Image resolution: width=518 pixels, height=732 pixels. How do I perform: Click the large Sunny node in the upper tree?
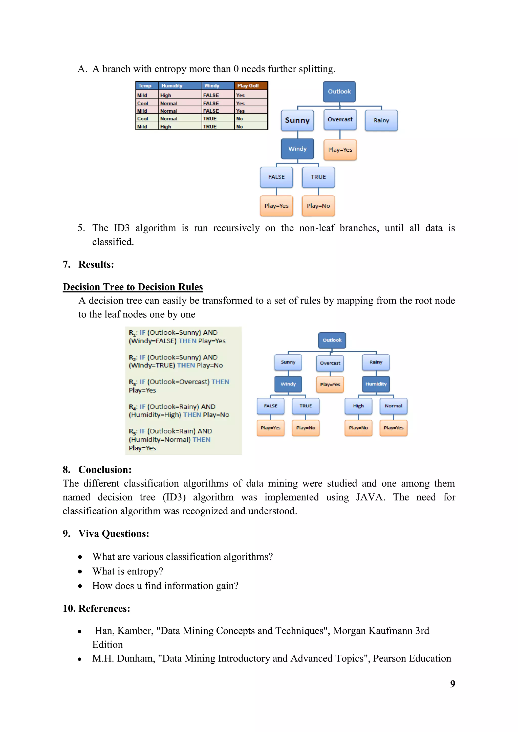click(x=297, y=120)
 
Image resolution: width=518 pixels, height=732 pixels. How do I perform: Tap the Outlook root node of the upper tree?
click(x=339, y=91)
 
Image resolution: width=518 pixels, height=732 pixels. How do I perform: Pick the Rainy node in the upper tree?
click(x=381, y=120)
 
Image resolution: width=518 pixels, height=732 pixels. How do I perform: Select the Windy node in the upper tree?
click(x=297, y=149)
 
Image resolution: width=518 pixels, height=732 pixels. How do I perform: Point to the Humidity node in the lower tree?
click(x=376, y=384)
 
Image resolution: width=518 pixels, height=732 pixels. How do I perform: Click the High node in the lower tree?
click(x=358, y=406)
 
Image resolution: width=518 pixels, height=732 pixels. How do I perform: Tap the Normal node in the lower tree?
click(x=393, y=406)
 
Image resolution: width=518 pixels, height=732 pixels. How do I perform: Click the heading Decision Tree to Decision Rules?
click(x=133, y=287)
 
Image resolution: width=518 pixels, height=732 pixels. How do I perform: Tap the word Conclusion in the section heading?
click(x=105, y=470)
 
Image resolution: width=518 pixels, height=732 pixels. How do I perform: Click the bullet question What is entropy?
click(x=127, y=571)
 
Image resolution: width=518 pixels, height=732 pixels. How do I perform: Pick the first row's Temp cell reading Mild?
click(x=142, y=95)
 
